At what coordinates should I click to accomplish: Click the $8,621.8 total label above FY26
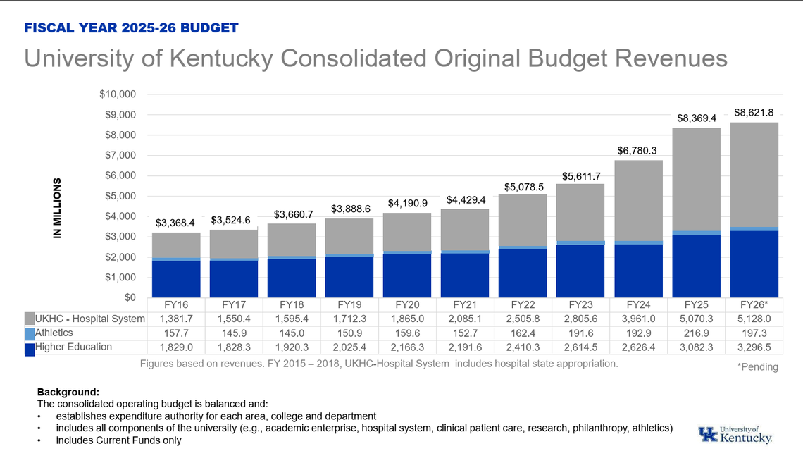tap(754, 112)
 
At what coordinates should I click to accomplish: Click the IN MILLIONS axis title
tap(58, 207)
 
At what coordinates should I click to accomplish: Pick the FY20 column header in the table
tap(407, 305)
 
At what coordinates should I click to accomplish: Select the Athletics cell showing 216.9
tap(696, 333)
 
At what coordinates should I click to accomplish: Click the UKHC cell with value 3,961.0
tap(638, 319)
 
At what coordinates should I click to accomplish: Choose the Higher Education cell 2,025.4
tap(349, 347)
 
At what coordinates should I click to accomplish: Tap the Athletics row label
tap(54, 333)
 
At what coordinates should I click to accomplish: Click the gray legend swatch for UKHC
tap(29, 319)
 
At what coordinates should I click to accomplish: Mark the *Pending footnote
tap(757, 366)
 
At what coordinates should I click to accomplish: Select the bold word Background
tap(68, 391)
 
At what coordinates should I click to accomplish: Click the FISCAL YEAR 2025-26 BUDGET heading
tap(132, 28)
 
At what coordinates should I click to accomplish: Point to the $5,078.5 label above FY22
tap(523, 187)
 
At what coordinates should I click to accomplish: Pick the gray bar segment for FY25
tap(696, 180)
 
